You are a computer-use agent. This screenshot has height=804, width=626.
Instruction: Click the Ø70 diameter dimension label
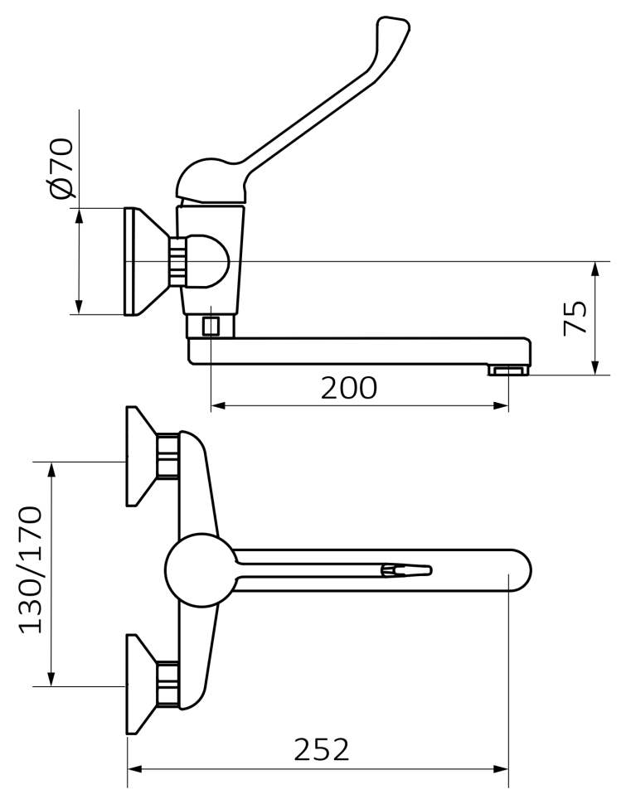click(x=61, y=167)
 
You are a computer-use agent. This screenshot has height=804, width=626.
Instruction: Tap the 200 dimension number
click(x=349, y=388)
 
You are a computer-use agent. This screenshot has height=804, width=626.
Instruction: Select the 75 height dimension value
click(x=575, y=318)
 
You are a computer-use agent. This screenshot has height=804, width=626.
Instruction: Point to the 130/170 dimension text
click(x=31, y=569)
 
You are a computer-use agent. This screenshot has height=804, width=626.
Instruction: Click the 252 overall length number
click(x=322, y=749)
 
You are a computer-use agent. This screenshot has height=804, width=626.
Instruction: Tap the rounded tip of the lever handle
click(x=394, y=28)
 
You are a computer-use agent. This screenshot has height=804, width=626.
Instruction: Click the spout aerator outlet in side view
click(x=508, y=370)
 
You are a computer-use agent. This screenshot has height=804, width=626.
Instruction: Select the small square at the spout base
click(x=211, y=326)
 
